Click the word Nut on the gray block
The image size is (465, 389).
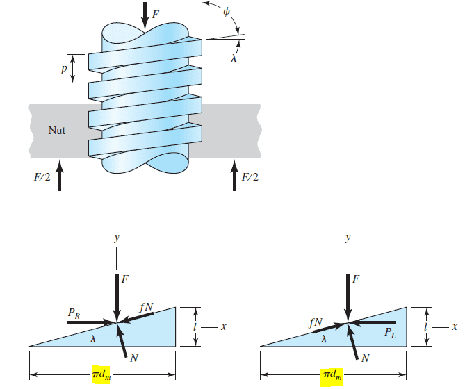(x=57, y=130)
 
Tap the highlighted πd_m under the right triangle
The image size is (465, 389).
(x=332, y=376)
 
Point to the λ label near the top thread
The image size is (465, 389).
(x=235, y=59)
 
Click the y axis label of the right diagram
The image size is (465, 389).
(x=347, y=238)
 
